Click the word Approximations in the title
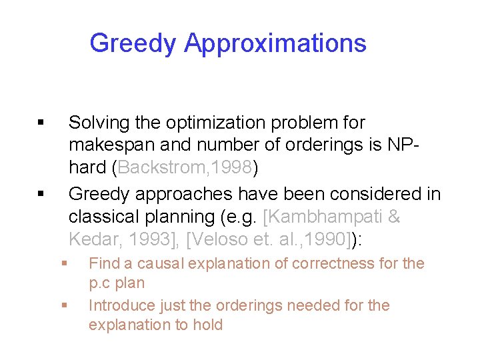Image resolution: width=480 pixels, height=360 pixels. pyautogui.click(x=275, y=43)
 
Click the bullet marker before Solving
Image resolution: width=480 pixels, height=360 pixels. pyautogui.click(x=41, y=123)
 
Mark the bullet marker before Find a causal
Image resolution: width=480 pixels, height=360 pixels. pyautogui.click(x=64, y=263)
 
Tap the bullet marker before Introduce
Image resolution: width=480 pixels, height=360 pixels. pyautogui.click(x=64, y=305)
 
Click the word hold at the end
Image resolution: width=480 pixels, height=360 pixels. pyautogui.click(x=209, y=325)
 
